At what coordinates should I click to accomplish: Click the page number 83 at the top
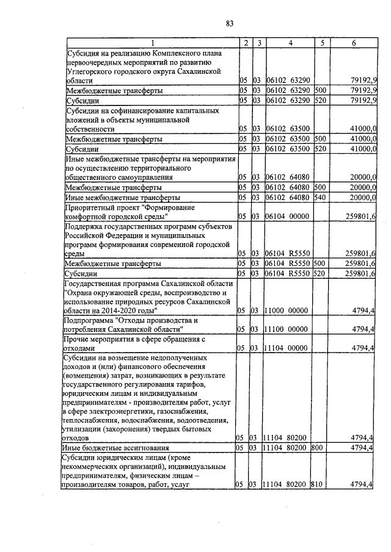[x=230, y=24]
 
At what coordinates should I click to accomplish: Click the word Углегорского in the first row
[x=91, y=71]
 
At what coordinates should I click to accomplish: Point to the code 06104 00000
[x=288, y=217]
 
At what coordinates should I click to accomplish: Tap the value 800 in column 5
[x=316, y=447]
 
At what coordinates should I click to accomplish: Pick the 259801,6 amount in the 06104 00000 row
[x=361, y=217]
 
